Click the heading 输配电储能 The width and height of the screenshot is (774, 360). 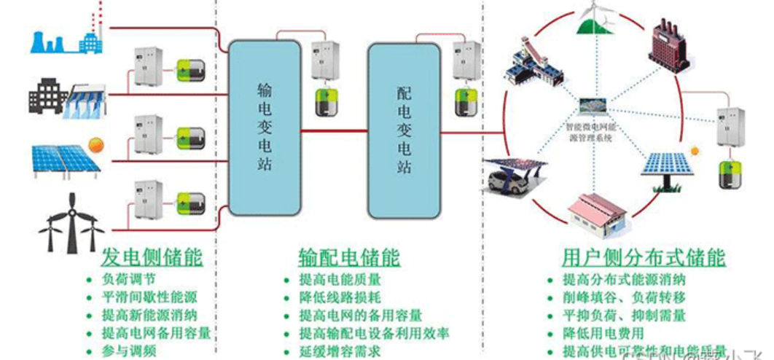pos(349,257)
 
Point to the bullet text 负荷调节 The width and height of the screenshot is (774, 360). pos(128,280)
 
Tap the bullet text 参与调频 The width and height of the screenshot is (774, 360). pos(128,351)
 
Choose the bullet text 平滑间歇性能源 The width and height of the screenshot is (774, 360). pos(149,297)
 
